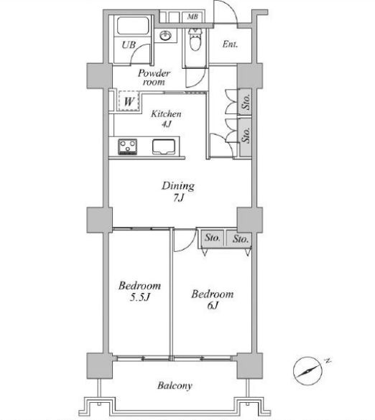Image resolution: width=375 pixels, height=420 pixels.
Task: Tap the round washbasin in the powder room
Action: coord(166,36)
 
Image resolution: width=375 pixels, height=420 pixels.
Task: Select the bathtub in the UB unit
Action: coord(133,26)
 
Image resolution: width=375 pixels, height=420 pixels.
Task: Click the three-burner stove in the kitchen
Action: coord(128,146)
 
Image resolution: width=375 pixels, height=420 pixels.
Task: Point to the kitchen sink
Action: coord(164,146)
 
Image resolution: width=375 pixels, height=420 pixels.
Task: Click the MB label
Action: coord(193,17)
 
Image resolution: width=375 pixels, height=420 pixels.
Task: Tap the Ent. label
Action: coord(230,45)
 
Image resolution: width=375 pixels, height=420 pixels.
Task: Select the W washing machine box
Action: coord(129,101)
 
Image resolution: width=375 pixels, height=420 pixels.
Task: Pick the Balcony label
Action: coord(175,386)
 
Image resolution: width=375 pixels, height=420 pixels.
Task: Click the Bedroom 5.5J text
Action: coord(139,291)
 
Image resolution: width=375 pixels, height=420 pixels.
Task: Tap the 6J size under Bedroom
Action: coord(213,305)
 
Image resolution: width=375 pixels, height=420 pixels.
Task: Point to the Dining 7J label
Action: coord(178,191)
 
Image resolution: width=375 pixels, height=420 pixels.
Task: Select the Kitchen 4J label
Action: coord(166,118)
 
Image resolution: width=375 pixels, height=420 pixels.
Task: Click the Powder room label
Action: coord(154,77)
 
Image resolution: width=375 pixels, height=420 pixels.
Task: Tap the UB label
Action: coord(129,45)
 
